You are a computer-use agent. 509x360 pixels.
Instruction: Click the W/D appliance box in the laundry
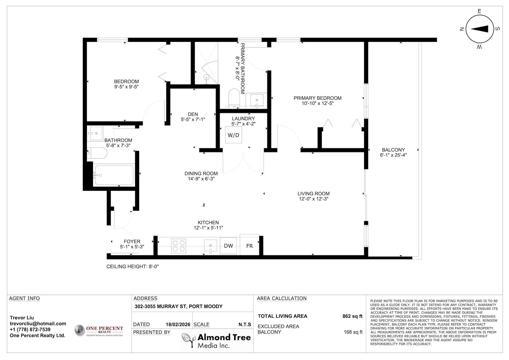click(x=234, y=135)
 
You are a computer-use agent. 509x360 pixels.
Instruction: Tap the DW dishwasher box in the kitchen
click(x=228, y=246)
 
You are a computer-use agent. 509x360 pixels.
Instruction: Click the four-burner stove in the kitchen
click(x=178, y=246)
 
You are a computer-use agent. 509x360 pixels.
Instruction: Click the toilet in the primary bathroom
click(x=234, y=98)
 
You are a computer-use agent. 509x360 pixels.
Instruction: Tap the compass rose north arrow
click(x=479, y=29)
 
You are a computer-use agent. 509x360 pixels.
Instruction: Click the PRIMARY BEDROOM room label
click(x=318, y=98)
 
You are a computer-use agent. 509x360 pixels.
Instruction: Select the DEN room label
click(x=193, y=114)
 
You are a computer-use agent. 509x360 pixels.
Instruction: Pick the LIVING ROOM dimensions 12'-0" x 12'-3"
click(x=314, y=199)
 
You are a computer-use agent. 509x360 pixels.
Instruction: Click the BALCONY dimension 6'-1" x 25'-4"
click(x=393, y=155)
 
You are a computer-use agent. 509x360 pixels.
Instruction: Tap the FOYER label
click(x=132, y=242)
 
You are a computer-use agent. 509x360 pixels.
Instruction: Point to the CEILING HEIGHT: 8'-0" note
click(x=133, y=266)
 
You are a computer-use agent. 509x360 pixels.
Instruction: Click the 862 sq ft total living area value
click(x=352, y=316)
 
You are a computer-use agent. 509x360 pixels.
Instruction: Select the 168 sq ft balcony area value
click(x=353, y=332)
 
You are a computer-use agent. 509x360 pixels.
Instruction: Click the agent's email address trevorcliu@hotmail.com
click(x=38, y=323)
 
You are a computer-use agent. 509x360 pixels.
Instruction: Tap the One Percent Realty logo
click(x=99, y=331)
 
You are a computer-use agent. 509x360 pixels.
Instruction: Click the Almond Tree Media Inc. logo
click(x=216, y=341)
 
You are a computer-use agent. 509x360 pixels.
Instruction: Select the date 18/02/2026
click(x=178, y=324)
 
